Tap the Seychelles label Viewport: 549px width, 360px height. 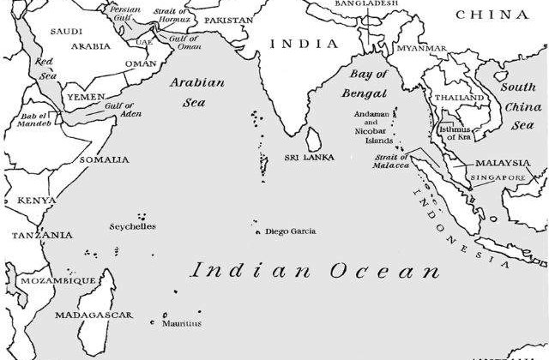tap(133, 227)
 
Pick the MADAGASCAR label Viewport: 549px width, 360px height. tap(94, 315)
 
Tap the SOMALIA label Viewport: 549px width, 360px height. tap(104, 159)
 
